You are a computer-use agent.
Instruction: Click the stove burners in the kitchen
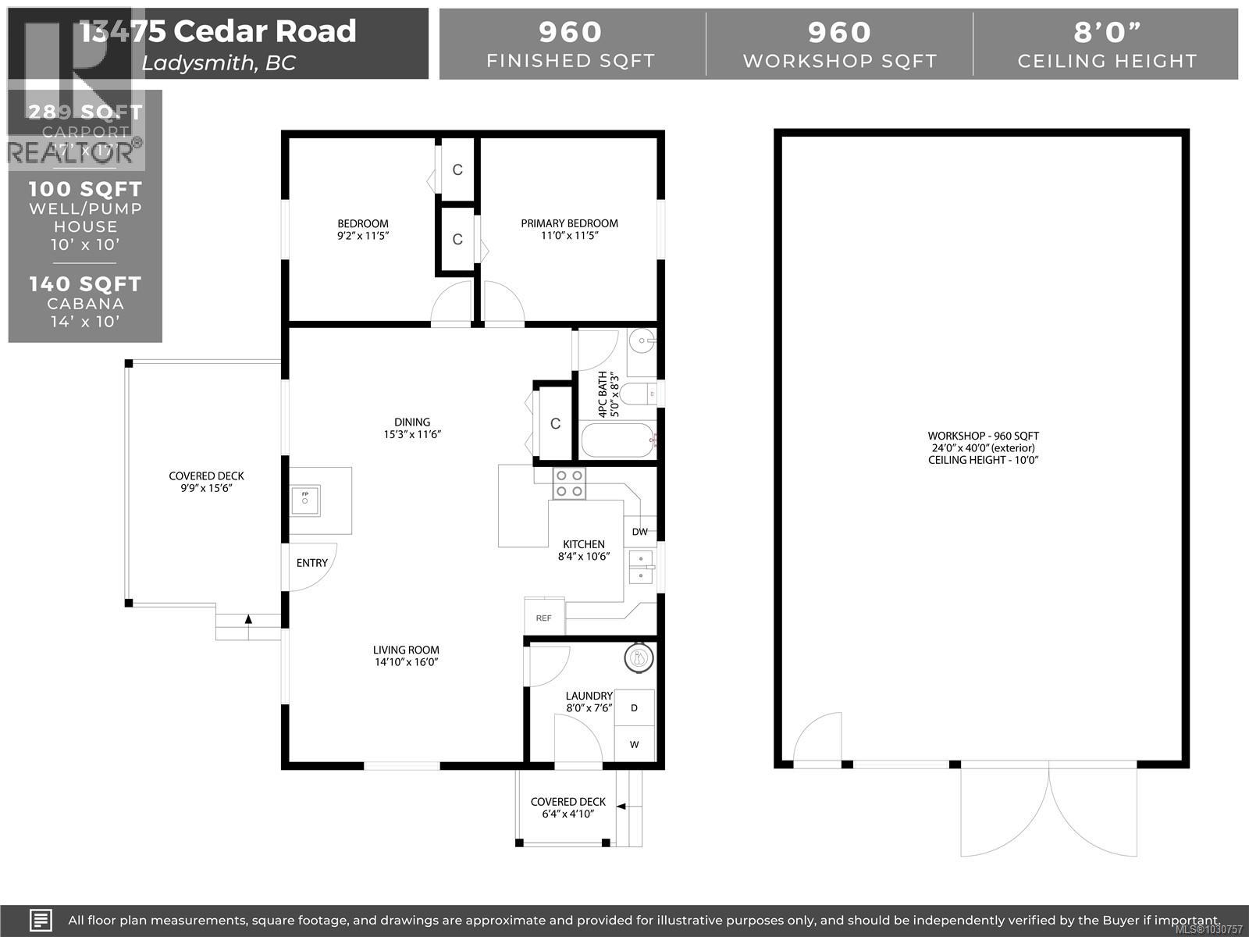(x=568, y=483)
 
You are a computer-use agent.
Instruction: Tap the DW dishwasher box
(x=639, y=532)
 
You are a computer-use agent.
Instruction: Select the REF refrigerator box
(x=543, y=617)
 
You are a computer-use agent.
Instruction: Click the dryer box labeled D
(x=634, y=708)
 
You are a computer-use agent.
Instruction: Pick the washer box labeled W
(x=634, y=744)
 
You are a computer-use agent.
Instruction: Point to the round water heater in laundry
(x=639, y=658)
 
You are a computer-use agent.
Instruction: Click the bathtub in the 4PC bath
(x=617, y=441)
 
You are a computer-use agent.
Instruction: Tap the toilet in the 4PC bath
(x=642, y=394)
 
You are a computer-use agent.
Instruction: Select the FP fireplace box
(x=305, y=500)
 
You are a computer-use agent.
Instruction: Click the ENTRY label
(x=311, y=563)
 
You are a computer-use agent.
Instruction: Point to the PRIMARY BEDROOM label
(x=569, y=223)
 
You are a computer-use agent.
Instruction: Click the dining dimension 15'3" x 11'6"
(x=412, y=434)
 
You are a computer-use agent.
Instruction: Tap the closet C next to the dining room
(x=555, y=423)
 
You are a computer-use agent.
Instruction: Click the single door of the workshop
(x=819, y=736)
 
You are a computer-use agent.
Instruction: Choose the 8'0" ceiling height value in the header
(x=1107, y=32)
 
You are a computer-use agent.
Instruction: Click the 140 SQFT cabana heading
(x=85, y=284)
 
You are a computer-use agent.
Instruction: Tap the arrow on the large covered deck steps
(x=248, y=619)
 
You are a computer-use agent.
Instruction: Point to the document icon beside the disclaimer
(x=41, y=919)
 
